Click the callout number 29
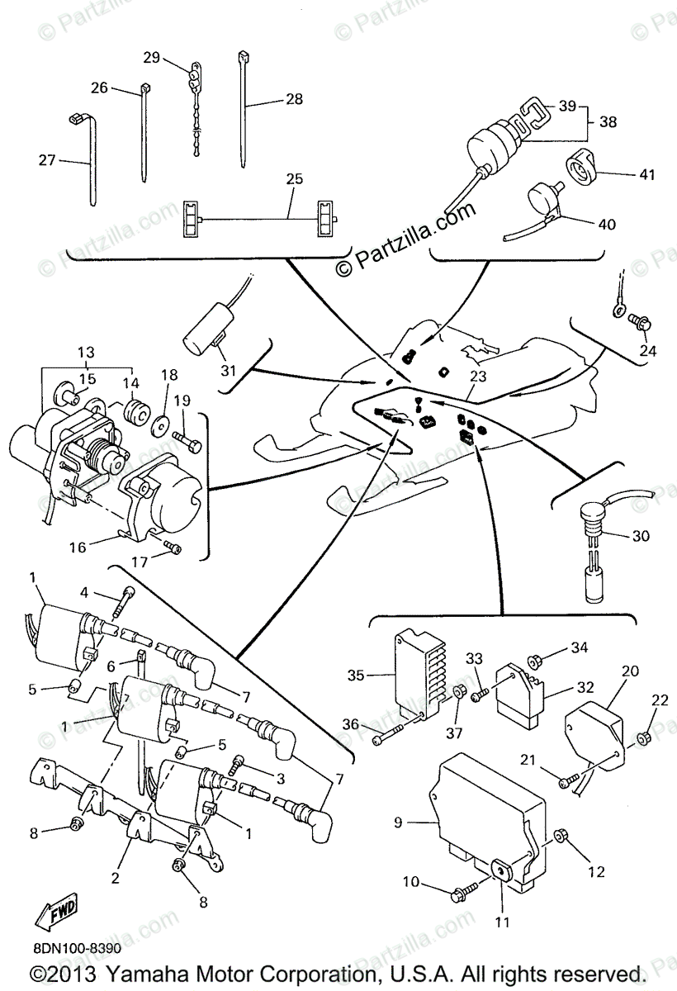151,57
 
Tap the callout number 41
646,174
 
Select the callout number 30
640,536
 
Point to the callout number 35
356,675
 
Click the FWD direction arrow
55,914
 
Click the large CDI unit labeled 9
487,818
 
